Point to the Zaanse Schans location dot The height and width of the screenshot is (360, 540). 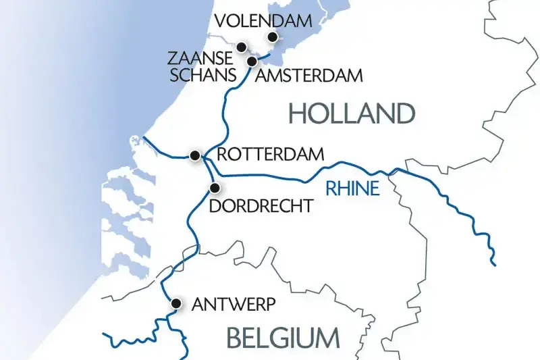pyautogui.click(x=241, y=47)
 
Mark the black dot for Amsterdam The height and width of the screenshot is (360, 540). pyautogui.click(x=252, y=61)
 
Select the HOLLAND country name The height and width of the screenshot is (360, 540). pyautogui.click(x=350, y=113)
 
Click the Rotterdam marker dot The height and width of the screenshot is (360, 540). pyautogui.click(x=194, y=155)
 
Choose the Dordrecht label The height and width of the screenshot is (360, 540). pyautogui.click(x=261, y=205)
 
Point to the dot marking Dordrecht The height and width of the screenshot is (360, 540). pyautogui.click(x=215, y=188)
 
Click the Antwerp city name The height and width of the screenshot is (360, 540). pyautogui.click(x=234, y=305)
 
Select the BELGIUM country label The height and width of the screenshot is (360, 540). pyautogui.click(x=283, y=337)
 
